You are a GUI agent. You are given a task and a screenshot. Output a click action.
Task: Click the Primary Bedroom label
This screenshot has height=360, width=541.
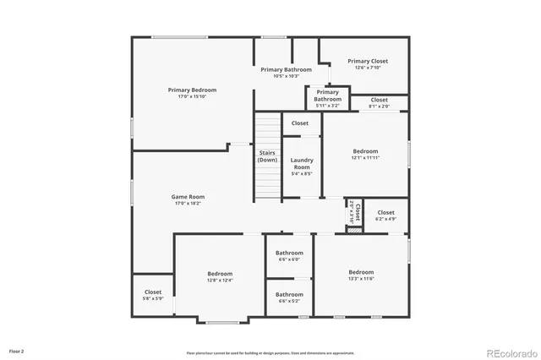(x=192, y=90)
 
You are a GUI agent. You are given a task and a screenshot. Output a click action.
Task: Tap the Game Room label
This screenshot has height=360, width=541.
(x=189, y=196)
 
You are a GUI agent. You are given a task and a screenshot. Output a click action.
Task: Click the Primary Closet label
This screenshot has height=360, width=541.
(x=368, y=61)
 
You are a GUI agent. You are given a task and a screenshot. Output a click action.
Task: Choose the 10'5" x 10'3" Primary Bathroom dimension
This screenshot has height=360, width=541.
(x=286, y=76)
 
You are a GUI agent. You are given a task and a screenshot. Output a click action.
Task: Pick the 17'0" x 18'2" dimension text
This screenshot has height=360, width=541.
(x=189, y=203)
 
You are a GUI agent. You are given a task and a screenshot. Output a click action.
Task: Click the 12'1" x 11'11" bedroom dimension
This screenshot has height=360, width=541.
(x=365, y=158)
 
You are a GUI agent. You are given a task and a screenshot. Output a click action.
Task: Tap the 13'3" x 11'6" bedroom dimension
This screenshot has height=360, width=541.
(x=361, y=279)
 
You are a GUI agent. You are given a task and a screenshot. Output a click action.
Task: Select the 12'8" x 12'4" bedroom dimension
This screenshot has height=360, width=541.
(x=220, y=281)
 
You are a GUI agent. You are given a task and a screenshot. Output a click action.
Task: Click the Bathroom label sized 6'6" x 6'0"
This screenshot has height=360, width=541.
(x=289, y=253)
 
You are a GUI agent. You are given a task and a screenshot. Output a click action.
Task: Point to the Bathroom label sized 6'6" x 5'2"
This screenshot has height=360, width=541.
(x=289, y=294)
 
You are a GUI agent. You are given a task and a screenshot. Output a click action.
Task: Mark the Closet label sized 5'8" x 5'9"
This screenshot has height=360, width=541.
(x=153, y=292)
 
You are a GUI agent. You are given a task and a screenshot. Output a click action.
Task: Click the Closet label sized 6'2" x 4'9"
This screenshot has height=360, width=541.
(x=386, y=212)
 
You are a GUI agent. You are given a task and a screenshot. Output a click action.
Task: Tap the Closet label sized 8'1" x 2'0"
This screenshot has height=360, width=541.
(x=380, y=100)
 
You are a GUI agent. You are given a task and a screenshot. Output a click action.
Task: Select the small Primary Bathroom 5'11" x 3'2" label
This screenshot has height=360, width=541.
(x=327, y=95)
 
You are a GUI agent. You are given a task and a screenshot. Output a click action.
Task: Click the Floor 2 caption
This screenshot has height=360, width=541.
(x=17, y=350)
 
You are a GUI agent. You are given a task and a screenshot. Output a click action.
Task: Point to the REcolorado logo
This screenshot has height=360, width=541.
(x=510, y=352)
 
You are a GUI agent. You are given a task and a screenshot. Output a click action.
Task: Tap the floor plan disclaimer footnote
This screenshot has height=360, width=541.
(x=270, y=352)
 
